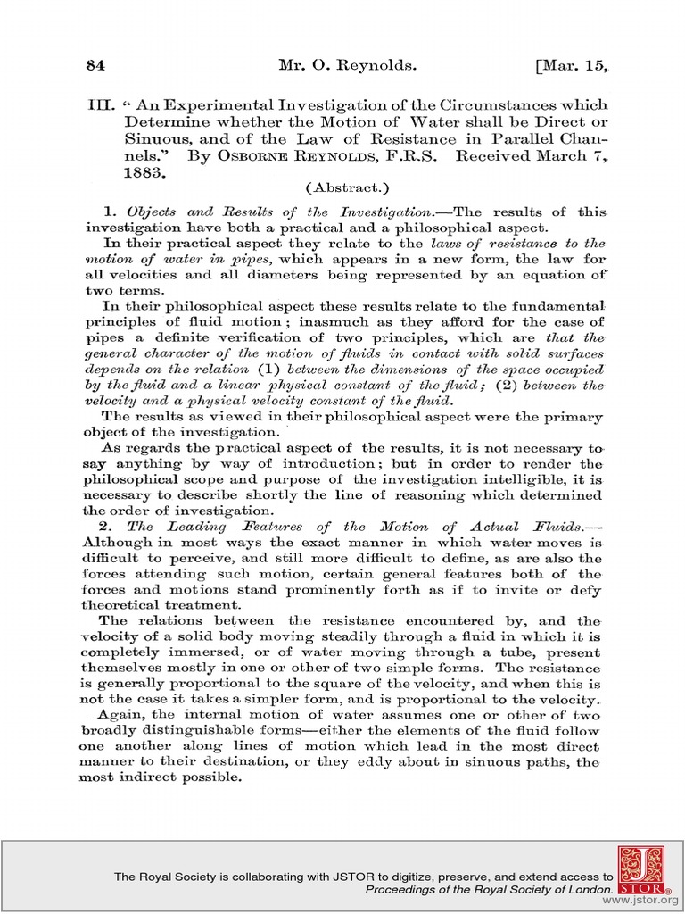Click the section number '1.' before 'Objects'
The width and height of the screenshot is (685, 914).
[111, 212]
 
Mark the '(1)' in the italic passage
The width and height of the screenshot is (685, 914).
[268, 370]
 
